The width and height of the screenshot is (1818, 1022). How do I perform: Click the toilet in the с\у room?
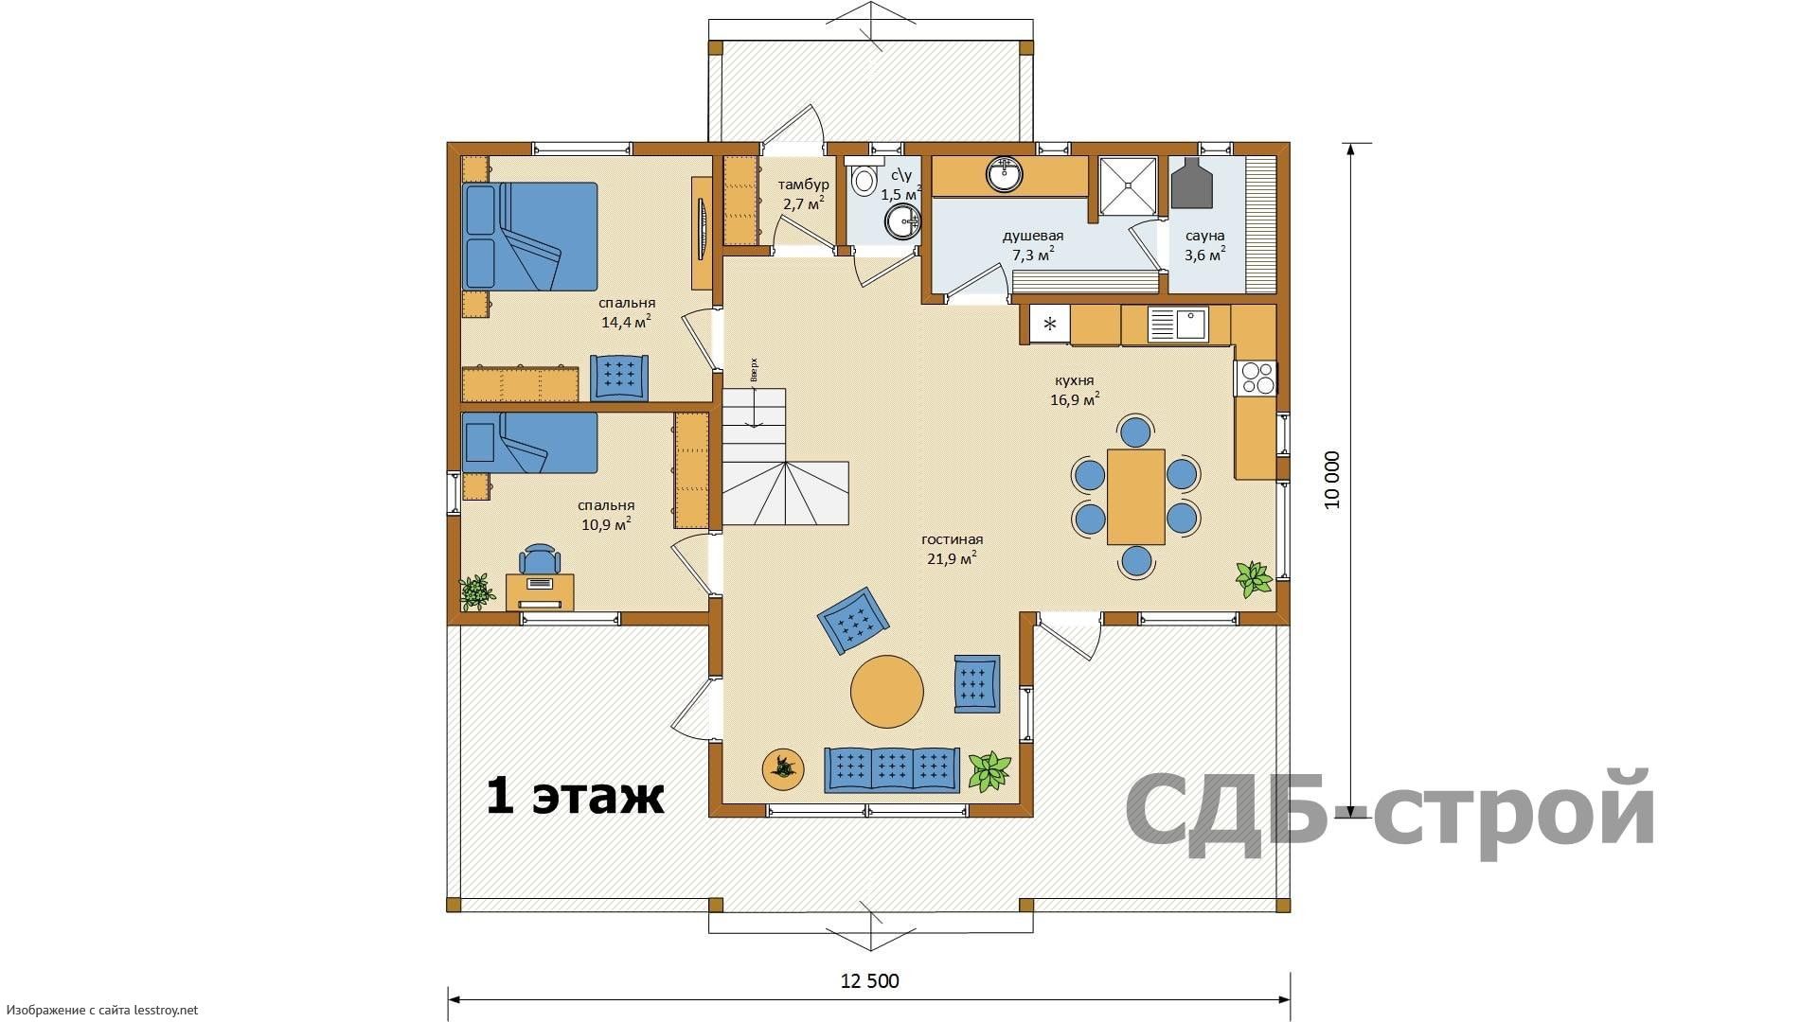864,180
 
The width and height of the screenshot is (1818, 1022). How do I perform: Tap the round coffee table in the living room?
886,692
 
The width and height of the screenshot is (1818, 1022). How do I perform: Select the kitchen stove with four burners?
1257,379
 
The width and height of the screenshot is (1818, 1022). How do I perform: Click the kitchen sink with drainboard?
1177,325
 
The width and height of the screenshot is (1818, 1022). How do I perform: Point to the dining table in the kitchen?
1136,497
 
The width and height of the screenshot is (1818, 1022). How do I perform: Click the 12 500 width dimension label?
869,980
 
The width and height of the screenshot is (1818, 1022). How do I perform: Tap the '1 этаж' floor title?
575,796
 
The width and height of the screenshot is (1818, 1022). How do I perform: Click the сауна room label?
1204,236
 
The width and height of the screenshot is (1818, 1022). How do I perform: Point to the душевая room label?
1033,236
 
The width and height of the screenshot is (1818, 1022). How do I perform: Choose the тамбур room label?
803,185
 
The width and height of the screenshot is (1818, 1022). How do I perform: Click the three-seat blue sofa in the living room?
892,768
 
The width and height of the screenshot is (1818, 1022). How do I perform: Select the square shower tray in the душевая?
1127,185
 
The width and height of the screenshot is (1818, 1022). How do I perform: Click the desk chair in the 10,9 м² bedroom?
540,559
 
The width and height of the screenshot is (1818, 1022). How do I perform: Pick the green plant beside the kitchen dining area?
1255,578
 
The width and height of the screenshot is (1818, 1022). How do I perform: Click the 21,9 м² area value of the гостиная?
952,558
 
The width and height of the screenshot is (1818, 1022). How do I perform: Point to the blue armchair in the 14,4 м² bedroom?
619,377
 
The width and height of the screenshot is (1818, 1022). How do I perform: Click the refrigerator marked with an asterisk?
1050,324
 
